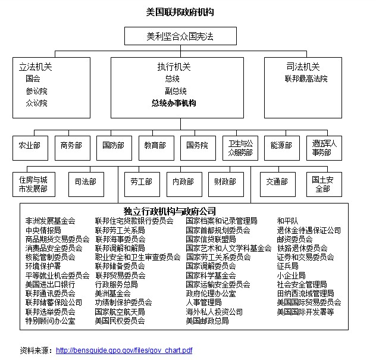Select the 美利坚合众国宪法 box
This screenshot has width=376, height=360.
[180, 36]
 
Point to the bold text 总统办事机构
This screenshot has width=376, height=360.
[174, 103]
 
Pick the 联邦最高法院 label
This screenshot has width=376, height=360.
[306, 79]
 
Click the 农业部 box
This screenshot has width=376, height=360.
[29, 146]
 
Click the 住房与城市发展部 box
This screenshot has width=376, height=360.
[32, 184]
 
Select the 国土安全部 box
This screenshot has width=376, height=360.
[322, 184]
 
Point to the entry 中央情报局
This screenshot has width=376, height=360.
[43, 230]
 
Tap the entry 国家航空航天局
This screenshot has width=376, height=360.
[120, 311]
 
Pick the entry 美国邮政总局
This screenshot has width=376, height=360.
[207, 321]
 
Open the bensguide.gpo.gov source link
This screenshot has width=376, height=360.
[124, 350]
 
